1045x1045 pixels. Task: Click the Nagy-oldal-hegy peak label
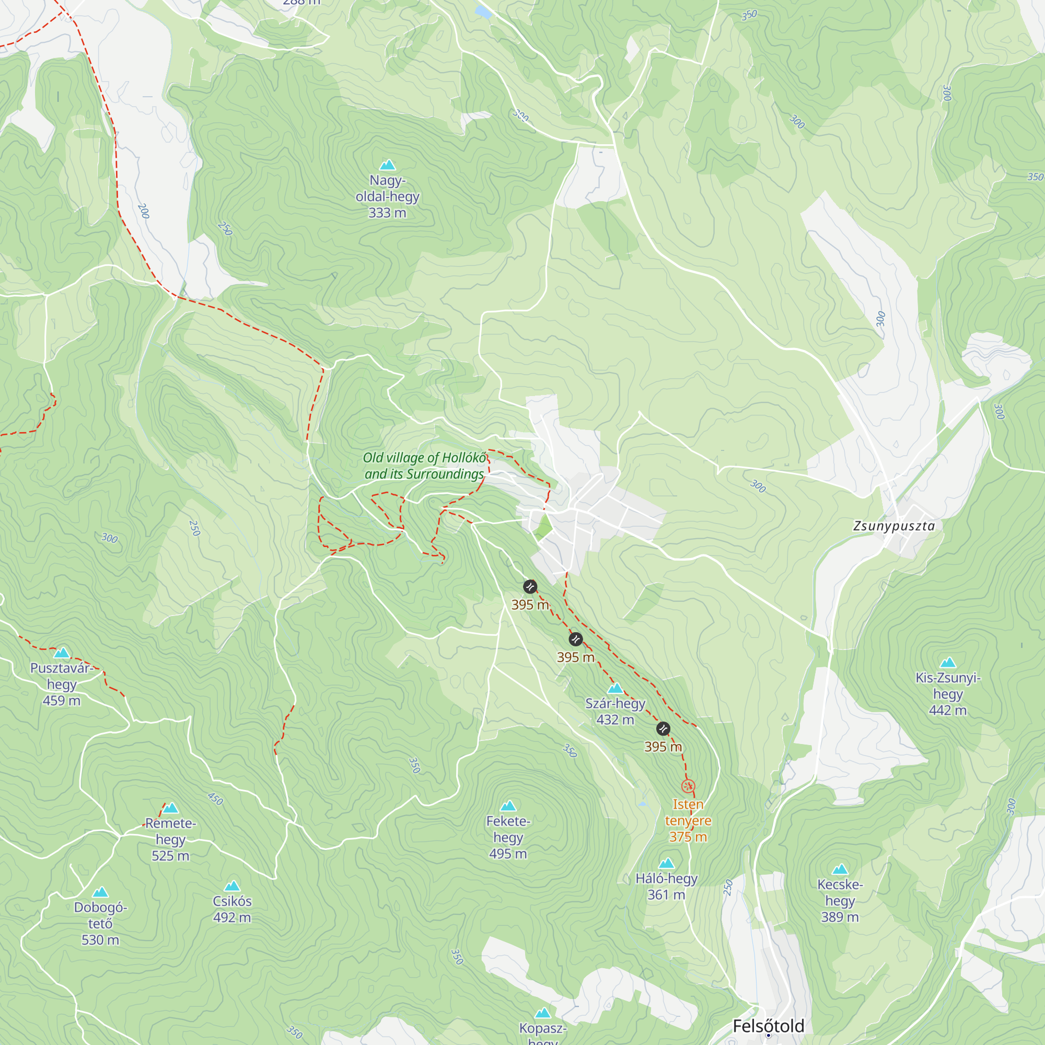click(387, 196)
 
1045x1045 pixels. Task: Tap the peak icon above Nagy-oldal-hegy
click(387, 165)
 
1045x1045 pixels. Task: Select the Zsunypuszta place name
click(893, 526)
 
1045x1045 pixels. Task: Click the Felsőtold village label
click(768, 1026)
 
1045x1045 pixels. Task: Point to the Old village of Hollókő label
click(424, 466)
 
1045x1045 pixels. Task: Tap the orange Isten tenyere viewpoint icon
click(688, 786)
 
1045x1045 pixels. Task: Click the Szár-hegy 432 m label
click(615, 711)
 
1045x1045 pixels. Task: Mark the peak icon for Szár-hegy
click(615, 689)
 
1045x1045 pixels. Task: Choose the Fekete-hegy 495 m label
click(508, 837)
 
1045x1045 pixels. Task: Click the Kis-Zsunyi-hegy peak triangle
click(948, 663)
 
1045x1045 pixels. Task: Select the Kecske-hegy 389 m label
click(840, 901)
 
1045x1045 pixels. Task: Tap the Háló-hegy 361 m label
click(666, 887)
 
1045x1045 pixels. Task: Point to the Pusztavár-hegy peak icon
click(62, 653)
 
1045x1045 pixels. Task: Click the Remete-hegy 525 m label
click(170, 840)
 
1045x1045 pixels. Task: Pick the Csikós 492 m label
click(232, 909)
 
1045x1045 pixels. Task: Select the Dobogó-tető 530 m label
click(101, 923)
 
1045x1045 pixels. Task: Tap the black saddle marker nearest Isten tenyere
click(663, 729)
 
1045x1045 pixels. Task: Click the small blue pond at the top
click(482, 12)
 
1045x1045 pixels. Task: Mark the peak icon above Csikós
click(232, 886)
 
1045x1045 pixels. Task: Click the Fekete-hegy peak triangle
click(508, 806)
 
